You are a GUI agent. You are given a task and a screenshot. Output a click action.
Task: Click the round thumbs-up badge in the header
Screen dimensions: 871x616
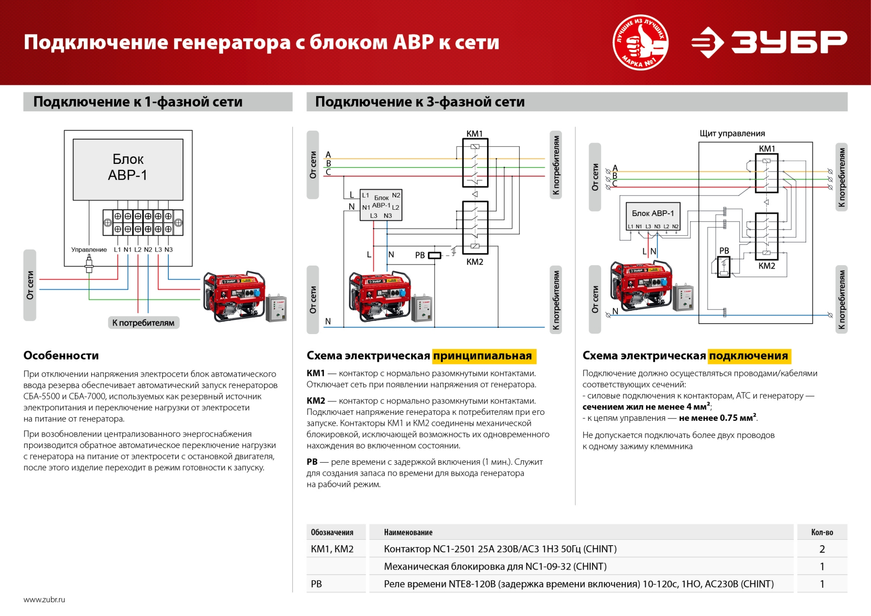pos(640,42)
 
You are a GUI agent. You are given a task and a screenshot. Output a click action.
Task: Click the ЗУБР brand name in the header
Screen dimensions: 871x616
pos(789,42)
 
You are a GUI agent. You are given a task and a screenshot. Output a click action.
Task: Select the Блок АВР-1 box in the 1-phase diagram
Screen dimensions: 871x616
pos(128,169)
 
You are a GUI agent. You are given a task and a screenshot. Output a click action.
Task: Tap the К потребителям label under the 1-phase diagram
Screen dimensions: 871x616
pos(143,323)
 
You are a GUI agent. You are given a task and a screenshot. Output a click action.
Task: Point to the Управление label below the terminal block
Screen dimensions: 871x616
pos(89,250)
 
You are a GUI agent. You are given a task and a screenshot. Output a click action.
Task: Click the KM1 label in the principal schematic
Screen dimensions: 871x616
pos(475,133)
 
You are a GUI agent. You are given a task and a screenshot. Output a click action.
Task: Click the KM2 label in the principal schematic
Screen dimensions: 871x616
pos(475,262)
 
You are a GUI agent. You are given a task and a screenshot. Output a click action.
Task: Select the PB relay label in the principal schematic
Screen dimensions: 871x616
pos(420,255)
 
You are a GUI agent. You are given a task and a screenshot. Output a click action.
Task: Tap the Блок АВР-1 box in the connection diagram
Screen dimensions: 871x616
pos(653,216)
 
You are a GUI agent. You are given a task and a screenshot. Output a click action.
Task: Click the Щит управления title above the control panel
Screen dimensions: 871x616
pos(732,133)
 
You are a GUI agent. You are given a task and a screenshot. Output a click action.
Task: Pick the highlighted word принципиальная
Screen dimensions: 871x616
pos(484,356)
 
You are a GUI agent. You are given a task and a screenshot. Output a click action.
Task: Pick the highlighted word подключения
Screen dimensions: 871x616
pos(749,356)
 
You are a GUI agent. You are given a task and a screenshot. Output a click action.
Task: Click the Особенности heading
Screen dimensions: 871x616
pos(61,355)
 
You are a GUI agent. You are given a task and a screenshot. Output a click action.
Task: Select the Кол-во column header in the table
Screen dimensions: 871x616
pos(822,532)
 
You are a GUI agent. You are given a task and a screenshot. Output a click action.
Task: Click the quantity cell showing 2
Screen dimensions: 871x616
pos(822,549)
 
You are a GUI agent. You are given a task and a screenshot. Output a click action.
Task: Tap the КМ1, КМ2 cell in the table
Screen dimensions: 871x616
pos(332,549)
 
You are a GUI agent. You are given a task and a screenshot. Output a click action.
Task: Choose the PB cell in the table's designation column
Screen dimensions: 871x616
pos(316,584)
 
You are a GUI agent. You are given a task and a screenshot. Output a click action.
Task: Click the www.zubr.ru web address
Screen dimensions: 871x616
pos(44,600)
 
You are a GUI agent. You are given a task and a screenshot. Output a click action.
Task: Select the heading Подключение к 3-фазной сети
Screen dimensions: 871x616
pos(420,102)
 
